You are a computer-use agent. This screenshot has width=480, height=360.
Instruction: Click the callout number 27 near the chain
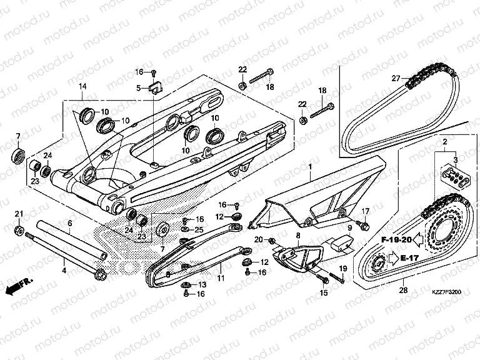point(395,78)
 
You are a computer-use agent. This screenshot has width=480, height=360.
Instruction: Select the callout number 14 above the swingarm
point(82,87)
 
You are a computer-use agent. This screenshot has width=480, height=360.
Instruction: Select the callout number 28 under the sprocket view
point(402,290)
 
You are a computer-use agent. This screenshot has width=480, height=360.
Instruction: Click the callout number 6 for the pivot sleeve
point(69,222)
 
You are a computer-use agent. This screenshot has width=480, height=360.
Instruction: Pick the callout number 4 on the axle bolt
point(64,270)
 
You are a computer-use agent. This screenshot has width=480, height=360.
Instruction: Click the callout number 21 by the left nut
point(19,214)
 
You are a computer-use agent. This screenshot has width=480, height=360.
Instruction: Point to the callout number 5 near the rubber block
point(139,88)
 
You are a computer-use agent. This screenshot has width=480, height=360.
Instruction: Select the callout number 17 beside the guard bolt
point(366,211)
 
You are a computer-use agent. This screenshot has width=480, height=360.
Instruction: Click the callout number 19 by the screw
point(342,269)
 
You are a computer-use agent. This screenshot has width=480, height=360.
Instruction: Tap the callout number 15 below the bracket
point(323,292)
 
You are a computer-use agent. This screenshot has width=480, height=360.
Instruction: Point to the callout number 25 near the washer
point(199,231)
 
